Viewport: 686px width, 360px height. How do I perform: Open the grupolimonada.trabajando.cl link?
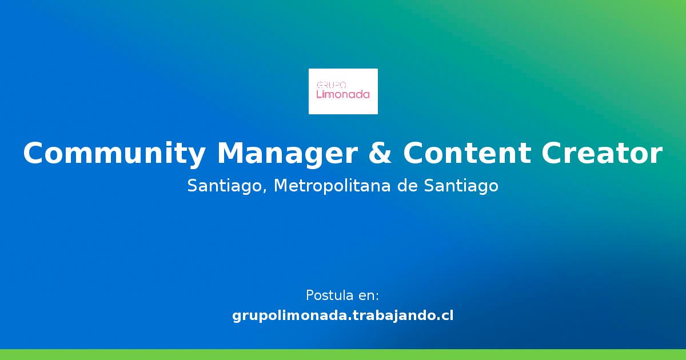[343, 315]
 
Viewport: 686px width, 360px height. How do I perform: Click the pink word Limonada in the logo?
[343, 94]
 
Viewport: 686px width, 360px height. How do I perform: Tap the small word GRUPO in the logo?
[328, 85]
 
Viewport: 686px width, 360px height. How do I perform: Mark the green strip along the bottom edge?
[343, 354]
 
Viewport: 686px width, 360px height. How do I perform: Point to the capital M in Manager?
[230, 154]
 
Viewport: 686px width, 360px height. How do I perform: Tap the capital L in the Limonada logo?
[319, 94]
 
